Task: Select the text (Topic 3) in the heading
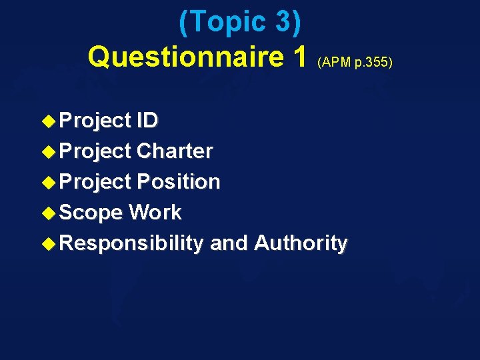240,23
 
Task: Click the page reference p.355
371,63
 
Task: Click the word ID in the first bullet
147,121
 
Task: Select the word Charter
174,151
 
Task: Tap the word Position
178,182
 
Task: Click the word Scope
91,213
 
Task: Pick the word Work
155,213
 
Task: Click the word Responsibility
131,243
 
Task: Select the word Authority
301,243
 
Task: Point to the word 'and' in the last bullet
229,243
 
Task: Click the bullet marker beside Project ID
49,121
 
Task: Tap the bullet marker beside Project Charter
49,152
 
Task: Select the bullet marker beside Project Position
49,183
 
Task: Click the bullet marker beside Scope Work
49,213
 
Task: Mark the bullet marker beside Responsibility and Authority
49,244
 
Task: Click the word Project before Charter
95,151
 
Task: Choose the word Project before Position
95,182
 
